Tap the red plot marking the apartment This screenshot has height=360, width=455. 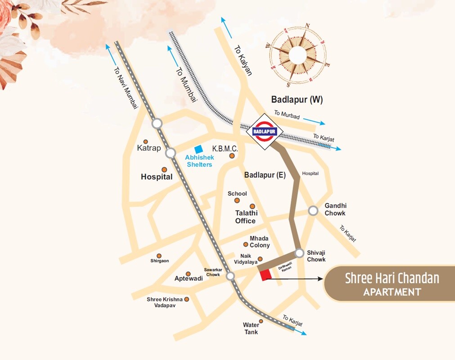tap(265, 274)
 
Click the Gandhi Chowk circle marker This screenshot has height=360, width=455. tap(313, 211)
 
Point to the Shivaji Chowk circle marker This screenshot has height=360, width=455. tap(299, 253)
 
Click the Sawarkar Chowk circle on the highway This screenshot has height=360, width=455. tap(230, 276)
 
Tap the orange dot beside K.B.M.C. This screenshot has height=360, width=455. tap(232, 156)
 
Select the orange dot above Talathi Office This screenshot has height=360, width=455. tap(252, 206)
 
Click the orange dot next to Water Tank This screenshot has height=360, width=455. tap(261, 321)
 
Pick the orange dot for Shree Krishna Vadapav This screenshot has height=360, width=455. tap(186, 299)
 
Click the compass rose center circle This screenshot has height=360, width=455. tap(297, 55)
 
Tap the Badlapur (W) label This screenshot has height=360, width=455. tap(297, 99)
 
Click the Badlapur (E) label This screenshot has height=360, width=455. tap(265, 175)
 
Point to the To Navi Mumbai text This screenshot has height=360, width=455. tap(126, 87)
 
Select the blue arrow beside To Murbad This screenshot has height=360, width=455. tap(314, 121)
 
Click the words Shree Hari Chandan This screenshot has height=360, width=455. tap(392, 278)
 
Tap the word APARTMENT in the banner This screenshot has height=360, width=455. tap(392, 292)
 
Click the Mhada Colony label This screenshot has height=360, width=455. tap(260, 242)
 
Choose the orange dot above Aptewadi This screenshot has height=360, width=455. tap(188, 274)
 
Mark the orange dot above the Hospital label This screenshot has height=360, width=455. tap(164, 169)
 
